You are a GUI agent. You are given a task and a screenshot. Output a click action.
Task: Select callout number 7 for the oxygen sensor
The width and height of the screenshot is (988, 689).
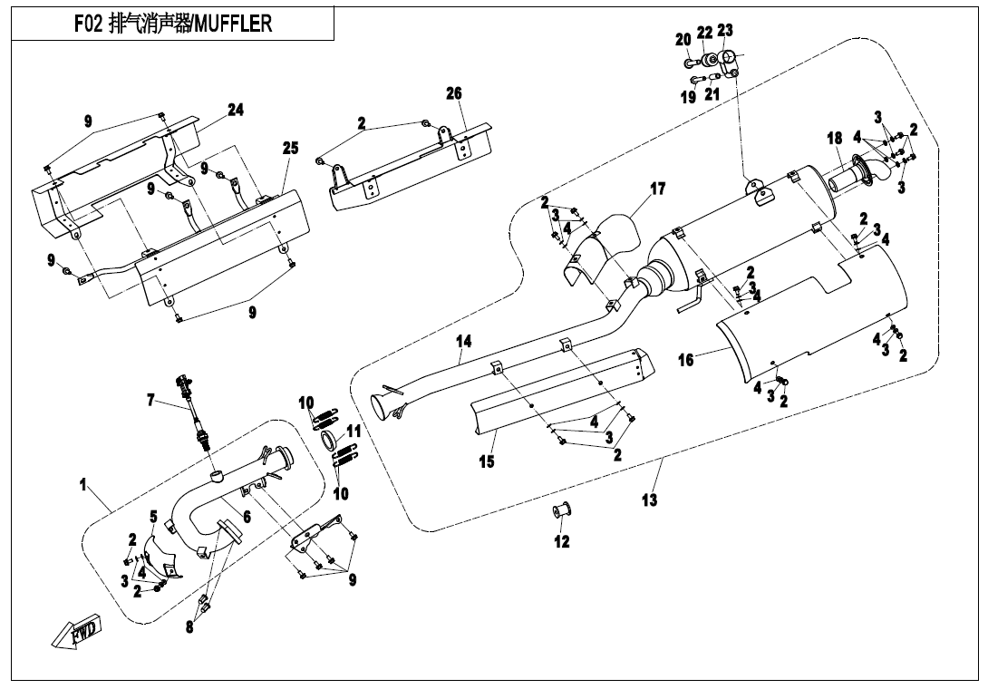click(151, 399)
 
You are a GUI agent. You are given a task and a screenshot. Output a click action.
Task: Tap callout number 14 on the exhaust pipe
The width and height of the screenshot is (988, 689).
click(463, 342)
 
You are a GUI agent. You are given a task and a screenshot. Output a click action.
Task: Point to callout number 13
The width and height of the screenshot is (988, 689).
click(650, 500)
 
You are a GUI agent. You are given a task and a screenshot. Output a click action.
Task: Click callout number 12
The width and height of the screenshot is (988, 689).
click(562, 541)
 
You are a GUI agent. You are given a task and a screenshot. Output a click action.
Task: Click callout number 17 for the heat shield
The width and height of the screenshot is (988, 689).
click(658, 189)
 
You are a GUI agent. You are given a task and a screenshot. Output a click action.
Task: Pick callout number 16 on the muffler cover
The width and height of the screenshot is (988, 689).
click(686, 360)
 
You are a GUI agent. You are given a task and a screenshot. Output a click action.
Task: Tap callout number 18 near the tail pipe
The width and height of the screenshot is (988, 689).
click(835, 139)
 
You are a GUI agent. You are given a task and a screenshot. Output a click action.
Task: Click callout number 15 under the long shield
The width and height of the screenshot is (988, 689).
click(487, 461)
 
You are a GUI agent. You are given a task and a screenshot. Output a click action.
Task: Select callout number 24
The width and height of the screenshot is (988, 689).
click(236, 110)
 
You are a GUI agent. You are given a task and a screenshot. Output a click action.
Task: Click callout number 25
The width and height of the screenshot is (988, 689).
click(290, 149)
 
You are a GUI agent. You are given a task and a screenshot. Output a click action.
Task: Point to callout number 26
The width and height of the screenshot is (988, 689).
click(454, 93)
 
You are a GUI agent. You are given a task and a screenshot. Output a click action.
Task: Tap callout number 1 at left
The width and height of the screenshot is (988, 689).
click(82, 486)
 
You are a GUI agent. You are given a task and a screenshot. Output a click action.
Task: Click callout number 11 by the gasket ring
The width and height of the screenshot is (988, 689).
click(354, 431)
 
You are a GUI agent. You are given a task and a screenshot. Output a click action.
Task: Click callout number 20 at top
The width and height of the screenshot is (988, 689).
click(683, 40)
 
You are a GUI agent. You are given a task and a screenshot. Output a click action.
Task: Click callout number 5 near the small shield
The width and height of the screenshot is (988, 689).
click(153, 517)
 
